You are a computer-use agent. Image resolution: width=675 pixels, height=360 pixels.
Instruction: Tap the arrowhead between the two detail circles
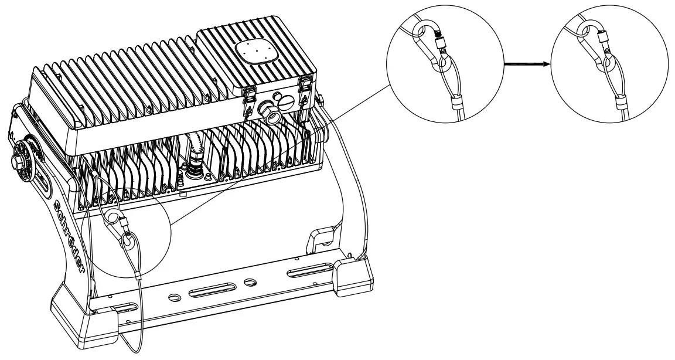[x=547, y=66]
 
